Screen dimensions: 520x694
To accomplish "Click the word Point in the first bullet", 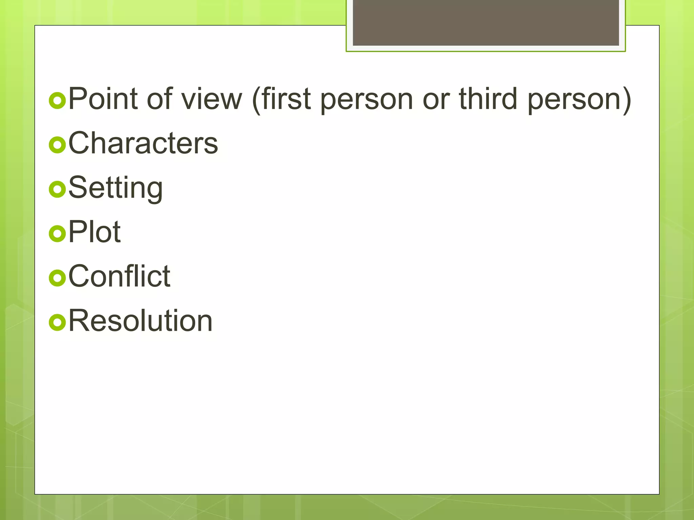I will click(x=103, y=99).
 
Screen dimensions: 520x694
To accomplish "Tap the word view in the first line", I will click(x=211, y=99).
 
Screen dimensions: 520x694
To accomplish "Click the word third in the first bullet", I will click(x=488, y=99).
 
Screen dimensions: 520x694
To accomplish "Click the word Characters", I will click(x=143, y=143).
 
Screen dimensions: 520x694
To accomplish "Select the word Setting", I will click(x=116, y=188).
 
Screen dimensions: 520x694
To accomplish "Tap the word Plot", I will click(x=95, y=232).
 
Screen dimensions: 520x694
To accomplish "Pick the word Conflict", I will click(x=119, y=276).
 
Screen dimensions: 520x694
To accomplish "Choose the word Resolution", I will click(x=140, y=321).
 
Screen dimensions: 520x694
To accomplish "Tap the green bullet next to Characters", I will click(x=57, y=145).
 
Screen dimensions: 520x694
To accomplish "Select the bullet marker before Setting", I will click(x=57, y=189).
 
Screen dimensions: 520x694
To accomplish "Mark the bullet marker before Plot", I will click(x=57, y=234).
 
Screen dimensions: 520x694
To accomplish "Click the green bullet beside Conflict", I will click(x=57, y=278).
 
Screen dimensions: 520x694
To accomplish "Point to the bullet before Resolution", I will click(x=57, y=322).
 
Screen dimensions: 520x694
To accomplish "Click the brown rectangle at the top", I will click(x=486, y=22).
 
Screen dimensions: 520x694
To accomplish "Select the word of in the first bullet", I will click(x=160, y=99).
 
